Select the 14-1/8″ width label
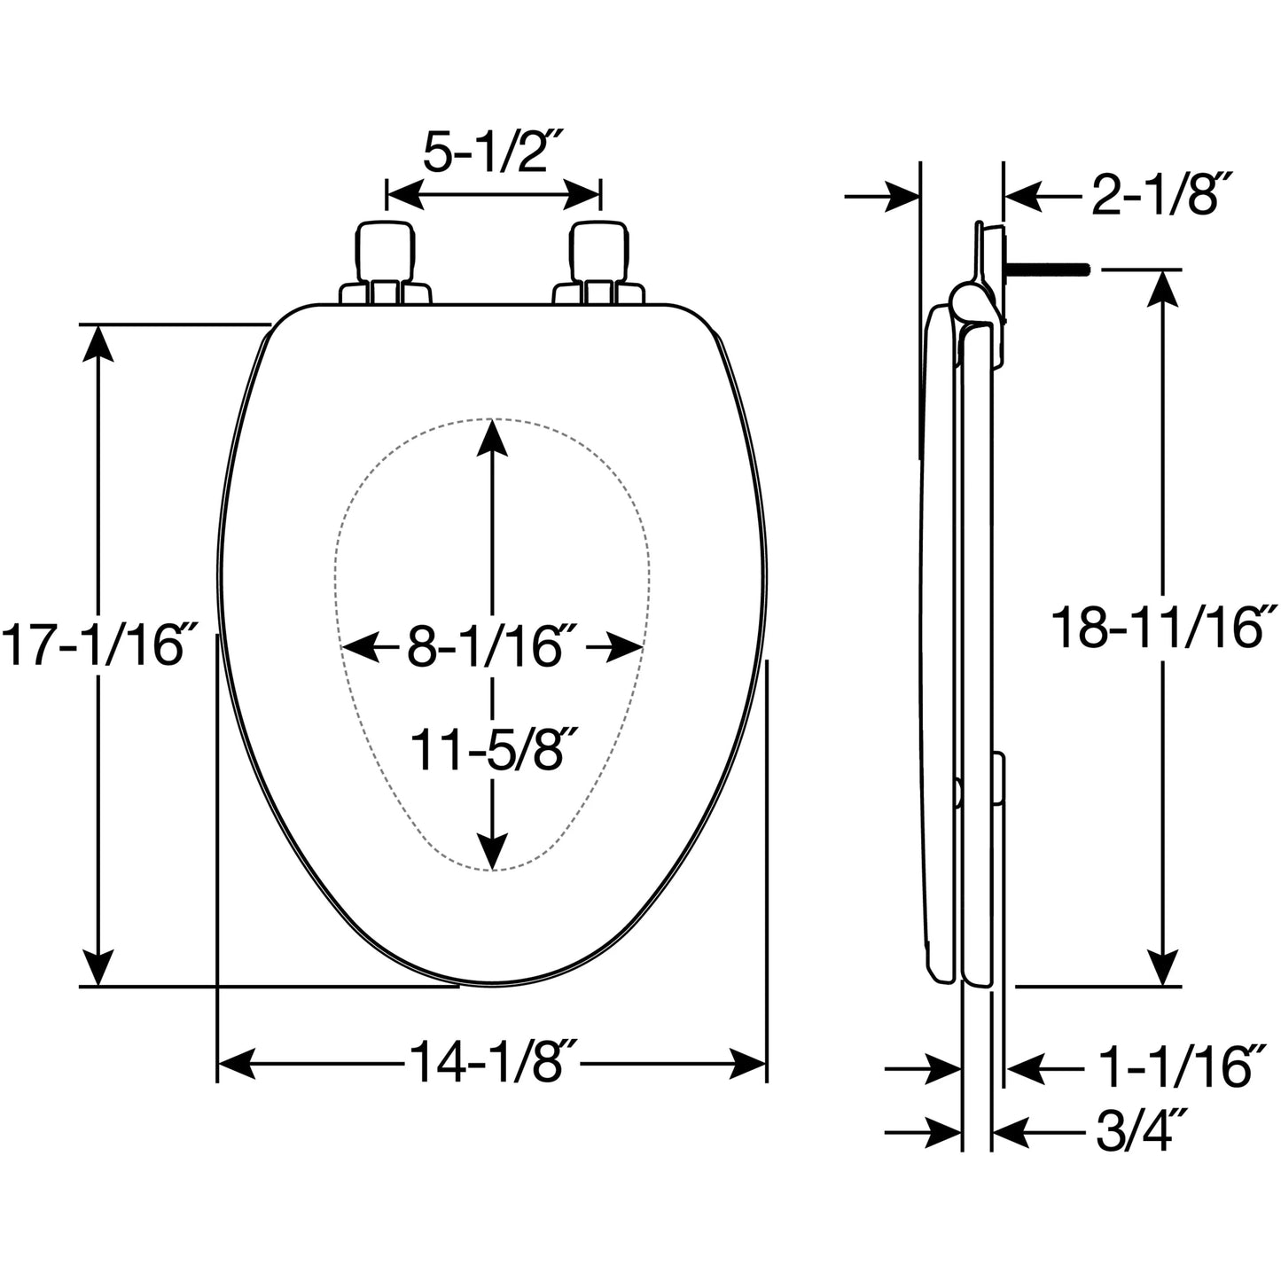tap(493, 1062)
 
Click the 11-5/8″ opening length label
tap(493, 749)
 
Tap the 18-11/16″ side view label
tap(1164, 627)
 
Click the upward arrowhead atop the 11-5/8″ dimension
tap(492, 439)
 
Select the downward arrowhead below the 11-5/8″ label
tap(492, 849)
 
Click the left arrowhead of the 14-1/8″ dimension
tap(238, 1064)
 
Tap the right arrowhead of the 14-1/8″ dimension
tap(747, 1064)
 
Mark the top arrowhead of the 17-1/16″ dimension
tap(98, 345)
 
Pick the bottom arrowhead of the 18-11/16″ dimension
tap(1163, 965)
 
